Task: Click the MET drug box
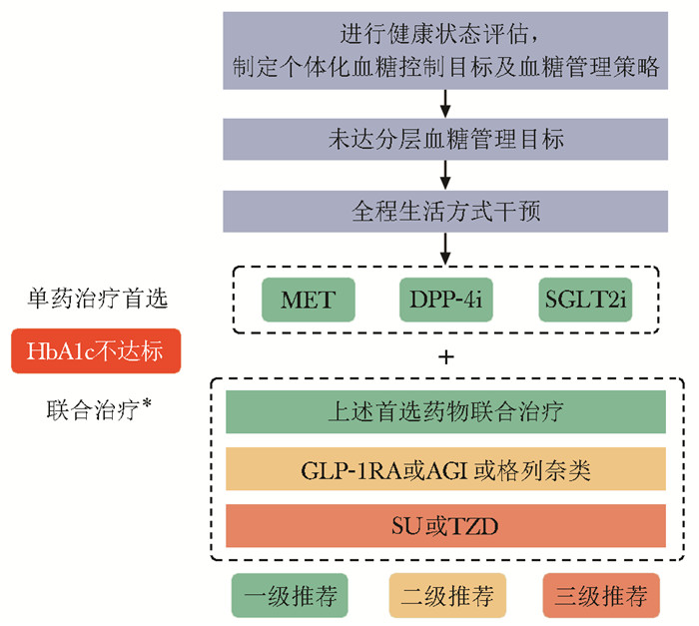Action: [307, 300]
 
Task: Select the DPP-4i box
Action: [445, 300]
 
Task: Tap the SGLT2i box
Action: [585, 300]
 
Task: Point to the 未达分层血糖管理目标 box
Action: [445, 139]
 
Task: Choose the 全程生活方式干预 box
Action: [445, 212]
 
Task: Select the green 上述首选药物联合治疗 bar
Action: [445, 411]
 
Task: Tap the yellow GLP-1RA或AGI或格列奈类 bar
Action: [445, 469]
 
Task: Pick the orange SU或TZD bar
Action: [445, 525]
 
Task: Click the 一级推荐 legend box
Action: [289, 597]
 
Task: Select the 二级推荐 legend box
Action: [445, 597]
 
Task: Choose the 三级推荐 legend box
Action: [602, 597]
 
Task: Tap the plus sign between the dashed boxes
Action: [445, 356]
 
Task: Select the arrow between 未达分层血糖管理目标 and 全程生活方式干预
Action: [445, 176]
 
